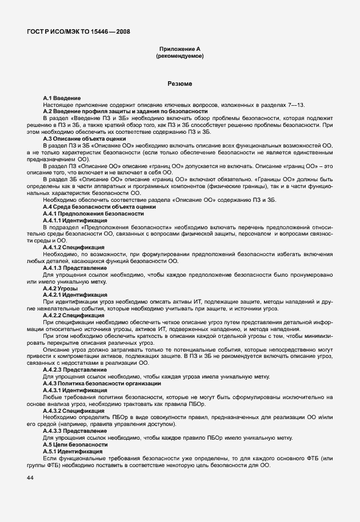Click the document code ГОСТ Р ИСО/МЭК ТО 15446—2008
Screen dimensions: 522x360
tap(77, 32)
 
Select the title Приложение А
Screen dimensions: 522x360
tap(179, 50)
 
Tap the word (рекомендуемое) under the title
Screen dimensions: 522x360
tap(179, 57)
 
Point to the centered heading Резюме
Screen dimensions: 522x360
tap(179, 84)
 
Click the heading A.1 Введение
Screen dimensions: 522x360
tap(62, 99)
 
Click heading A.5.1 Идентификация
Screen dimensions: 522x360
tap(73, 451)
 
